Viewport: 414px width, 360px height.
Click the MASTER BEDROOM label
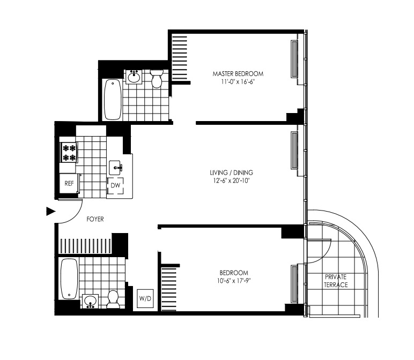point(238,74)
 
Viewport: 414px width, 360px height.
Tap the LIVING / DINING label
point(231,172)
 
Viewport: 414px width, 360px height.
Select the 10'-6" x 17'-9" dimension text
point(234,281)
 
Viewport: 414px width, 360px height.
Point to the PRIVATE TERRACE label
point(336,281)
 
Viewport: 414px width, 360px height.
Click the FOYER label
point(95,219)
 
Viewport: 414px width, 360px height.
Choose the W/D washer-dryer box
point(145,298)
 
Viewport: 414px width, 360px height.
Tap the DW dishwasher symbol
point(115,185)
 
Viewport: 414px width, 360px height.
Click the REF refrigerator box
point(69,183)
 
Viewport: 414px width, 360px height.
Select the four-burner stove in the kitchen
point(69,153)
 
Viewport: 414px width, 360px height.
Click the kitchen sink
point(116,168)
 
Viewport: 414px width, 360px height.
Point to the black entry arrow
point(51,211)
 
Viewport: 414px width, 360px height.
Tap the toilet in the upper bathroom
point(157,78)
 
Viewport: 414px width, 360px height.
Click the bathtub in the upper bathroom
point(113,100)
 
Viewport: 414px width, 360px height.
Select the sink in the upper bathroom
point(134,77)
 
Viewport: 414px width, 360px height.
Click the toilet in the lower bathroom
point(113,299)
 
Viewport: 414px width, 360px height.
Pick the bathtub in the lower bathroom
point(69,279)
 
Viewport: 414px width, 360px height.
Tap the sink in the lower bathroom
point(90,301)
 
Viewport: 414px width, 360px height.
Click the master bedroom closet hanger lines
point(180,58)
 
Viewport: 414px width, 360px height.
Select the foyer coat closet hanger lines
point(86,246)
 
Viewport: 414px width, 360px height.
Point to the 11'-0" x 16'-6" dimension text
point(238,82)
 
